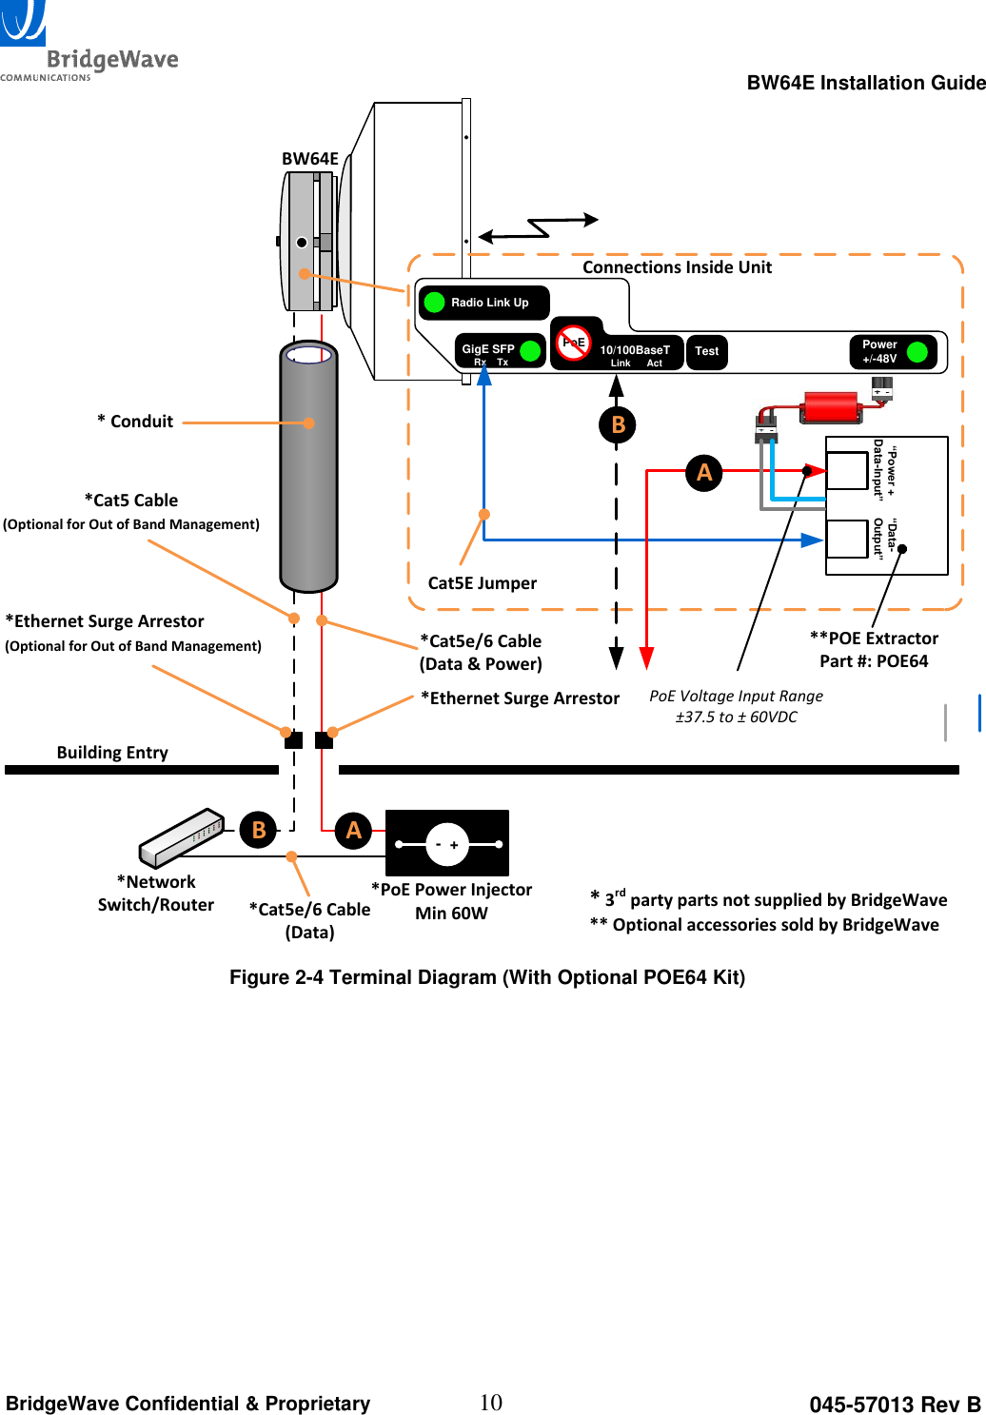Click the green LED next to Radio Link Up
pyautogui.click(x=435, y=303)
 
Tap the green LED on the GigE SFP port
pyautogui.click(x=531, y=351)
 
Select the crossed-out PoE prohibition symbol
pyautogui.click(x=573, y=343)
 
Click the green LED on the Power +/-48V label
pyautogui.click(x=917, y=352)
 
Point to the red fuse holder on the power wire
pyautogui.click(x=831, y=407)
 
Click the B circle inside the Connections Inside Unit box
pyautogui.click(x=618, y=424)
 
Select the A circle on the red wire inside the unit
pyautogui.click(x=704, y=472)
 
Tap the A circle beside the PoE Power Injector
pyautogui.click(x=353, y=831)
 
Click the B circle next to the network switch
pyautogui.click(x=259, y=831)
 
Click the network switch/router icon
pyautogui.click(x=181, y=837)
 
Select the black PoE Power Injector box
pyautogui.click(x=447, y=843)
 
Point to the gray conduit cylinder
pyautogui.click(x=308, y=466)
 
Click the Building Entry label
pyautogui.click(x=112, y=753)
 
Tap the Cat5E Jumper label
pyautogui.click(x=482, y=583)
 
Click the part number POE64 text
pyautogui.click(x=874, y=661)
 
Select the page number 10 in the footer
pyautogui.click(x=491, y=1403)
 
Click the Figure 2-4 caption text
pyautogui.click(x=487, y=977)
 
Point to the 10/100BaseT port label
pyautogui.click(x=635, y=350)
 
